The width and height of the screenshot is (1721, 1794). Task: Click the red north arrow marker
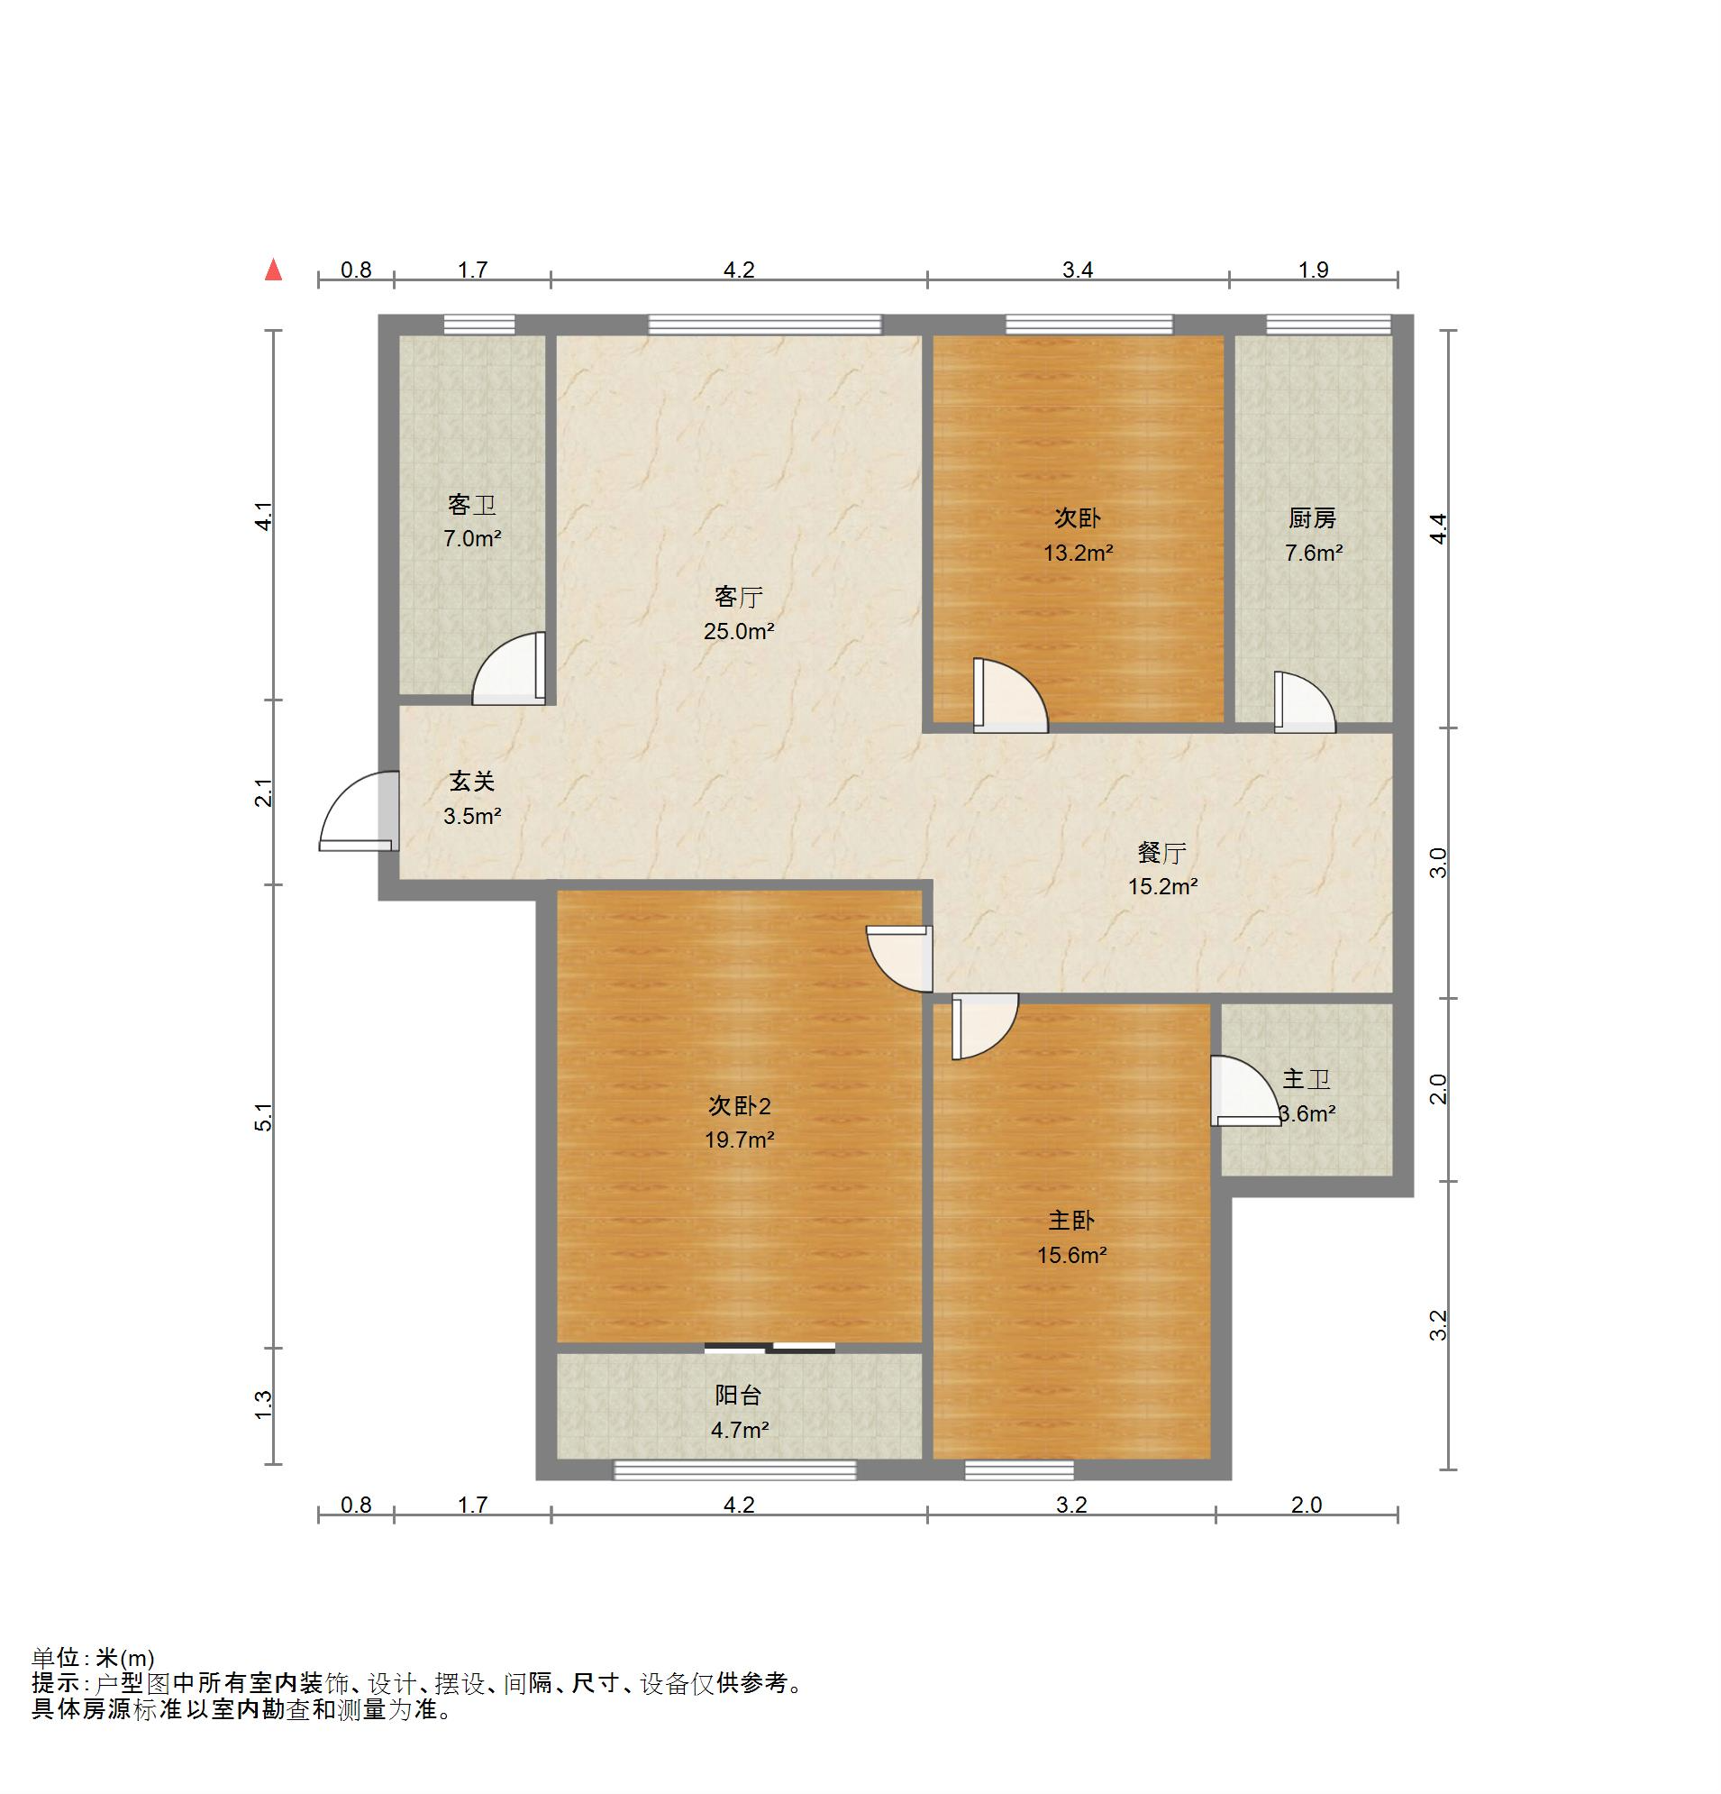[273, 270]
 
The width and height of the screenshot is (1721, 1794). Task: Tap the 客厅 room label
[738, 598]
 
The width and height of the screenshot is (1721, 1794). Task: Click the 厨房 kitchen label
[1313, 519]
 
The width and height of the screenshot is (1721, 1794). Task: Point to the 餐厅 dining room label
[1162, 853]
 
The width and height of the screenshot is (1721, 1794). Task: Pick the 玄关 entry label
[472, 782]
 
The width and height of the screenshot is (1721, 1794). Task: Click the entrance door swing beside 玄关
[359, 812]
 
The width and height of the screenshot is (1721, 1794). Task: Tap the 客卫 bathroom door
[509, 668]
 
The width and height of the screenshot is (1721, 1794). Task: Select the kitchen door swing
[1305, 702]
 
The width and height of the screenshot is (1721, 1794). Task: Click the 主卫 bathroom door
[1244, 1091]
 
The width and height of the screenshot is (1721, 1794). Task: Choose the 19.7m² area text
[739, 1140]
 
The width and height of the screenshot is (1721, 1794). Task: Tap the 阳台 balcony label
[737, 1395]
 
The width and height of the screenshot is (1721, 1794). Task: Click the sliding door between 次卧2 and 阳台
[769, 1347]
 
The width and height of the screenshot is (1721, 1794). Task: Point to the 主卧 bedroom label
[1070, 1221]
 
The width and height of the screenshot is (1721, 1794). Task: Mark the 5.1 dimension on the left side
[263, 1118]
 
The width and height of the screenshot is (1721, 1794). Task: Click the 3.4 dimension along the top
[1078, 270]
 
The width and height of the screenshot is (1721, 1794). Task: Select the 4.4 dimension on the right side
[1438, 528]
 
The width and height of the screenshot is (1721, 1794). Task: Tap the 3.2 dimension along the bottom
[1071, 1505]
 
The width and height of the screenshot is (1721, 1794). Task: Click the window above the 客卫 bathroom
[479, 324]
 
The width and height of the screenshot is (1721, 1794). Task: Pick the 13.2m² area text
[1078, 553]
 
